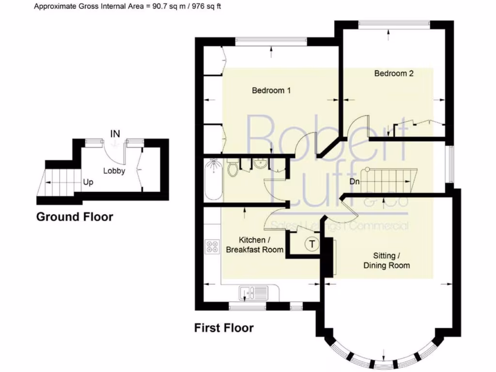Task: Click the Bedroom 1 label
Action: pos(271,90)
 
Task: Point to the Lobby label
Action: pos(114,170)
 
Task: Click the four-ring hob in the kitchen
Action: pos(212,247)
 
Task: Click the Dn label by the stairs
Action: pos(355,182)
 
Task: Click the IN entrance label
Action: pos(115,133)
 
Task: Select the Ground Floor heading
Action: pos(75,217)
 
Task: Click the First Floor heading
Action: pos(224,328)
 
